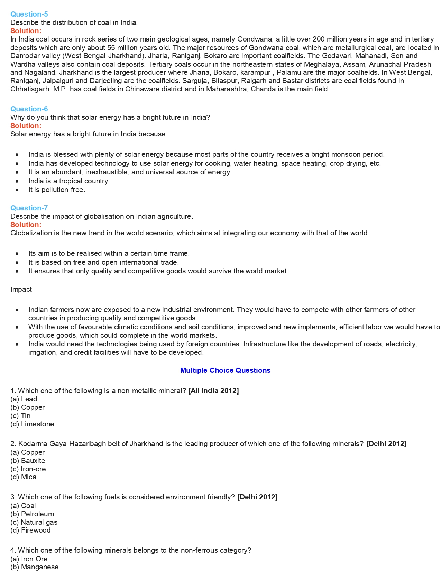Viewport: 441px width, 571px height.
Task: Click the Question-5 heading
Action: click(x=29, y=14)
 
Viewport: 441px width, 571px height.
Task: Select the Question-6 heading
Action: click(x=29, y=109)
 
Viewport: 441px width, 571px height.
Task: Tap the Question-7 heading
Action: click(x=29, y=208)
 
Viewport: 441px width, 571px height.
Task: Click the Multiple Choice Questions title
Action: click(x=225, y=370)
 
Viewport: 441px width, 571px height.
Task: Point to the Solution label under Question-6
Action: click(x=26, y=126)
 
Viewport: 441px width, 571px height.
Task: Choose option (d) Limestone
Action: click(x=32, y=424)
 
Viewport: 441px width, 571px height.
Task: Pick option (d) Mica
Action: click(x=24, y=477)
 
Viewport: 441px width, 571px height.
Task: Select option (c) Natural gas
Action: click(x=34, y=522)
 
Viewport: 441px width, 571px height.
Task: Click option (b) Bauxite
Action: click(x=28, y=461)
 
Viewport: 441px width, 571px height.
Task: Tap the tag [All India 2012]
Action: click(x=213, y=391)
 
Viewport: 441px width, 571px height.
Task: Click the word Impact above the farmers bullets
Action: click(x=21, y=289)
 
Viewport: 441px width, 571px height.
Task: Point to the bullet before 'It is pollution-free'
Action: click(x=17, y=190)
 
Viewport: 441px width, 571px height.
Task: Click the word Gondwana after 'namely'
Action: click(x=253, y=39)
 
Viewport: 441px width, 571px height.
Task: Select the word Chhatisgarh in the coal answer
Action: click(x=30, y=89)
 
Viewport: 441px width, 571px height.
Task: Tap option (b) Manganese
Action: click(x=35, y=567)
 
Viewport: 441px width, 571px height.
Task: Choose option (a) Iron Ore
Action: click(x=29, y=559)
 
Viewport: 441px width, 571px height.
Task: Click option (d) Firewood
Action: click(x=30, y=530)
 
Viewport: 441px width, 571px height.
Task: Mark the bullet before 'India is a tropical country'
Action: click(x=17, y=181)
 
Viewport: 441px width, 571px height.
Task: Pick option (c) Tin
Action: click(x=20, y=416)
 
